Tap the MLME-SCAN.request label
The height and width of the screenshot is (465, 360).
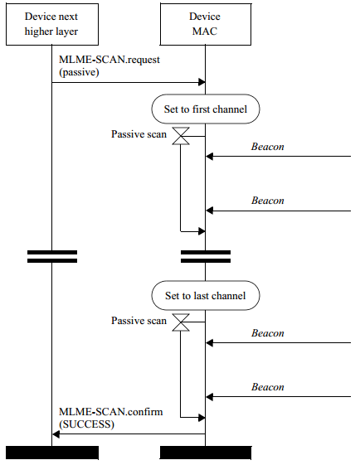click(109, 60)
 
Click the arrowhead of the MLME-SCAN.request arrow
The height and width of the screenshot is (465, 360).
click(202, 82)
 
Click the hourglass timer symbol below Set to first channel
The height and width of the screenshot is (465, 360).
click(181, 136)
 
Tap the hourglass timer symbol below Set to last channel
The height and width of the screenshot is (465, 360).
click(181, 322)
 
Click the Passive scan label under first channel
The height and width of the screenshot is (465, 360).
click(139, 134)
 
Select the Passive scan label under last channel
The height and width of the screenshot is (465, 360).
click(139, 321)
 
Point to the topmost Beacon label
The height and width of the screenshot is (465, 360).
click(267, 147)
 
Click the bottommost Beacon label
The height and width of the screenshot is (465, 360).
click(267, 387)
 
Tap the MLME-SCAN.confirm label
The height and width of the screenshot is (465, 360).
click(110, 412)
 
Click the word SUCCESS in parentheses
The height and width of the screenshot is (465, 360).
click(86, 424)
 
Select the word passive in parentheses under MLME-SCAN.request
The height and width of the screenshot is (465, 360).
click(79, 72)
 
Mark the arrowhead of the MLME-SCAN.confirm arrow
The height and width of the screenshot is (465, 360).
click(56, 434)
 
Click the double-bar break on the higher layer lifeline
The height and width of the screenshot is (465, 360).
click(52, 256)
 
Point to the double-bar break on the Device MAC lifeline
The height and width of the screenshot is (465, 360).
click(206, 256)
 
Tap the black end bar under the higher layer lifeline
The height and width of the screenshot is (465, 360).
click(52, 453)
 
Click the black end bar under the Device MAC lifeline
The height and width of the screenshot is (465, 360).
click(206, 453)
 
